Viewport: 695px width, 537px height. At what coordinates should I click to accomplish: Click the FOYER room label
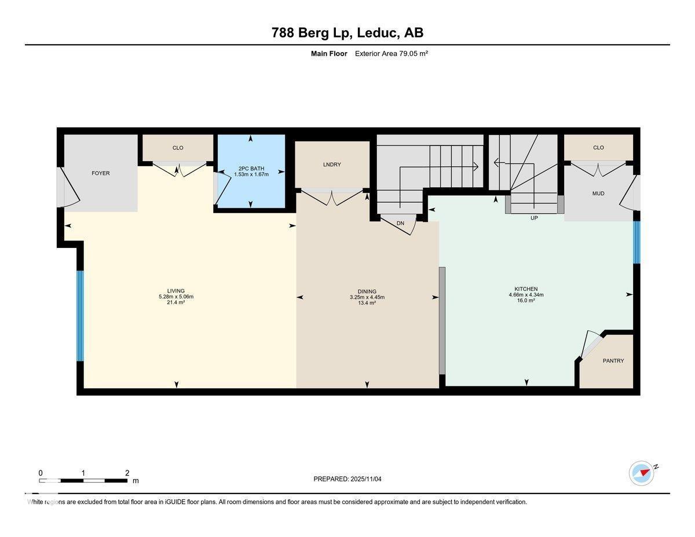(x=100, y=173)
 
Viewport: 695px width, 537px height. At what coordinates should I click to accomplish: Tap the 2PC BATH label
(x=251, y=169)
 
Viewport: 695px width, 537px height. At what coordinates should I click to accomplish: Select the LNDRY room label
(x=332, y=165)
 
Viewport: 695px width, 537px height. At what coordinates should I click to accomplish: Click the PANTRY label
(x=613, y=361)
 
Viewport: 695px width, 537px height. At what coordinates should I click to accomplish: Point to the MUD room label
(x=598, y=193)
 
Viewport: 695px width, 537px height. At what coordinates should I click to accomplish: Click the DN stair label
(x=400, y=223)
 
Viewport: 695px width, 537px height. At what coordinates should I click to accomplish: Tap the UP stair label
(x=534, y=218)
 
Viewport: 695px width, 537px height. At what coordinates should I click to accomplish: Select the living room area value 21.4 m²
(x=175, y=302)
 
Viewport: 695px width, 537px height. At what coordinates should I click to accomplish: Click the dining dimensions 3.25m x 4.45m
(x=367, y=297)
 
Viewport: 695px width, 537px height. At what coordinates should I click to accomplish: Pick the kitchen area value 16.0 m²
(x=526, y=301)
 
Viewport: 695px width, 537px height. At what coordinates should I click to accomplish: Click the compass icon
(x=642, y=473)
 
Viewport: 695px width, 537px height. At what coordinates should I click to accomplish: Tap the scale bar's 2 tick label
(x=127, y=473)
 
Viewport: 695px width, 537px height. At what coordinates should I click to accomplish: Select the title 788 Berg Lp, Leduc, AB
(x=348, y=33)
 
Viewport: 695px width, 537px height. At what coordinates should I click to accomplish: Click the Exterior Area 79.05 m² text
(x=391, y=53)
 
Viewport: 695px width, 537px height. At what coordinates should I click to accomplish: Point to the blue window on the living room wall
(x=81, y=316)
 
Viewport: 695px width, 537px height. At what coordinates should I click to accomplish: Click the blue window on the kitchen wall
(x=637, y=242)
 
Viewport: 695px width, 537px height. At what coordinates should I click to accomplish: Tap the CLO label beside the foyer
(x=178, y=148)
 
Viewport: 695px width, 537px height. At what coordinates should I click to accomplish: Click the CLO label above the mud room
(x=598, y=148)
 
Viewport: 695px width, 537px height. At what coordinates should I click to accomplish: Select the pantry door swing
(x=590, y=344)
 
